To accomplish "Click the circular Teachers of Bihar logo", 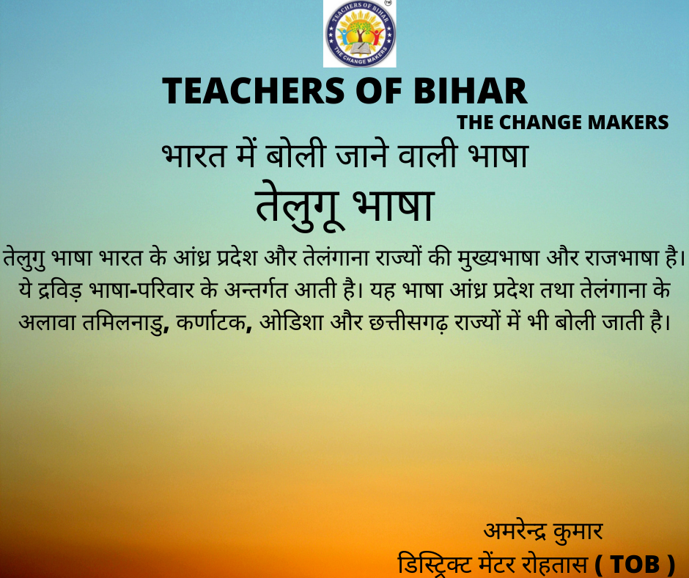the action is tap(360, 34).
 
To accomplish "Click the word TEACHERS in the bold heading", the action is tap(254, 91).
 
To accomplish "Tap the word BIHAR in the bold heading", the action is tap(470, 91).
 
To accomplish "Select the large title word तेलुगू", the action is tap(300, 205).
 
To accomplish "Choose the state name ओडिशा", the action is tap(291, 322).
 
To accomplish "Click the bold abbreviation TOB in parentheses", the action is tap(635, 564).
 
